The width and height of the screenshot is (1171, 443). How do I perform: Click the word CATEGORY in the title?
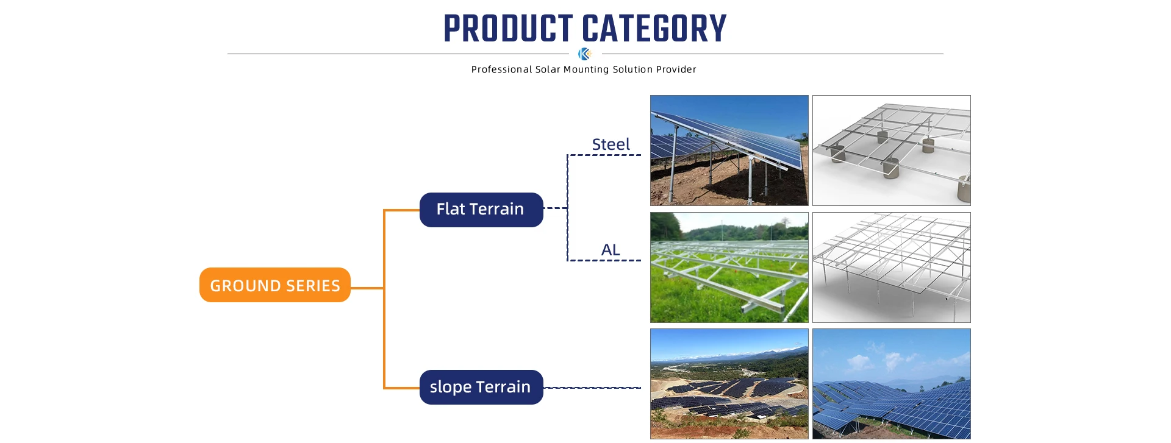[654, 29]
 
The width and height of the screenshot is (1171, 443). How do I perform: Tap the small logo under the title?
[585, 54]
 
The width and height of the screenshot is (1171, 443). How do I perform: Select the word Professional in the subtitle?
[501, 69]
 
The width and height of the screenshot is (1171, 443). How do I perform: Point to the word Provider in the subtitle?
[676, 69]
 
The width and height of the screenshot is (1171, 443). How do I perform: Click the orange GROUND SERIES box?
[275, 285]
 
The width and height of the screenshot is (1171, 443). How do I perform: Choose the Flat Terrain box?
[481, 210]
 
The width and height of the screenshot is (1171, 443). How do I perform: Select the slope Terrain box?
[481, 387]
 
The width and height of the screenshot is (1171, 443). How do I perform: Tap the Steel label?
[611, 144]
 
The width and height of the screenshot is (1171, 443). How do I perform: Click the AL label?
[611, 250]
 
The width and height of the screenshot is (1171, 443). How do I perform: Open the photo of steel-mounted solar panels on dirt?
[729, 151]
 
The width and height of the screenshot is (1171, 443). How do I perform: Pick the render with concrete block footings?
[892, 151]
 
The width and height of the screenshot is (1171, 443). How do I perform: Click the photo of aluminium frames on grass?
[729, 268]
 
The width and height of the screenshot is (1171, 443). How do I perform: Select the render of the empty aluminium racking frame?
[892, 268]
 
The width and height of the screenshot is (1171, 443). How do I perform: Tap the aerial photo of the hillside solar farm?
[729, 384]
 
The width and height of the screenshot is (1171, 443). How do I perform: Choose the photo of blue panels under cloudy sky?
[892, 384]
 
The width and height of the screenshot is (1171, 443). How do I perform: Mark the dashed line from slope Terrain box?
[592, 388]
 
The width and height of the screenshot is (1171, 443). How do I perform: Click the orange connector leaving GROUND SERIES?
[367, 288]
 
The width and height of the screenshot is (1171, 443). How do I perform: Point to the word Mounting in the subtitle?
[586, 69]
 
